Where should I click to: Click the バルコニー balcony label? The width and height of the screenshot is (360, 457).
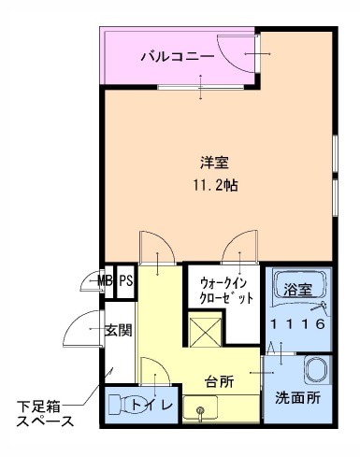pyautogui.click(x=178, y=57)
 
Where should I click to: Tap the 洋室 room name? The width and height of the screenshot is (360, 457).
pyautogui.click(x=214, y=163)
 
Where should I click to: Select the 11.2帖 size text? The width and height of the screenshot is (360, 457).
pyautogui.click(x=216, y=185)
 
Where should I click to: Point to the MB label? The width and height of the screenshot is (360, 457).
pyautogui.click(x=105, y=281)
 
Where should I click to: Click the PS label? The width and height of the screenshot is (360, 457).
pyautogui.click(x=126, y=281)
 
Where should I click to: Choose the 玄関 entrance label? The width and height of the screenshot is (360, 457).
pyautogui.click(x=119, y=330)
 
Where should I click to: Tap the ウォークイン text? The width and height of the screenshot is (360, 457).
pyautogui.click(x=223, y=284)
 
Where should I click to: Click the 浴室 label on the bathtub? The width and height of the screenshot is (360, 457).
pyautogui.click(x=298, y=290)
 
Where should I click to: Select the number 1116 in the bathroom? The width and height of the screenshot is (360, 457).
pyautogui.click(x=297, y=324)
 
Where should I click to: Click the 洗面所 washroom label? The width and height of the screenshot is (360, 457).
pyautogui.click(x=297, y=398)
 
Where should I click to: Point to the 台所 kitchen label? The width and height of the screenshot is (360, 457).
pyautogui.click(x=220, y=381)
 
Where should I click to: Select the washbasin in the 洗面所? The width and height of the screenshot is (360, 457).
pyautogui.click(x=315, y=370)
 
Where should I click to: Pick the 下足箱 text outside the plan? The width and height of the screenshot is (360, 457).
pyautogui.click(x=38, y=406)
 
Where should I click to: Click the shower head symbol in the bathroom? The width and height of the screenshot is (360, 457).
pyautogui.click(x=319, y=307)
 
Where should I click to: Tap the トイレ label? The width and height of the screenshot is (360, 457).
pyautogui.click(x=151, y=405)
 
